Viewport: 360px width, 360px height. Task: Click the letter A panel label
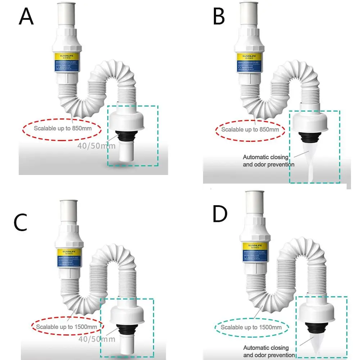(26, 17)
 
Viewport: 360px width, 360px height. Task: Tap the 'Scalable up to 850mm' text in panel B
(250, 129)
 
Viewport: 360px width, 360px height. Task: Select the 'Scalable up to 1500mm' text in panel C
(67, 326)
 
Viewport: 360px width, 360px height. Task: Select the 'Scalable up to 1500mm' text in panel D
(251, 327)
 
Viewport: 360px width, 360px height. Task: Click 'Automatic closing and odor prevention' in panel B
(269, 161)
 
